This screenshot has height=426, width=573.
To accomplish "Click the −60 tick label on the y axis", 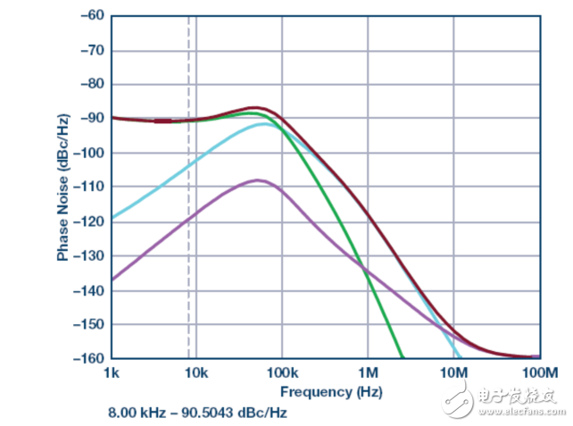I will click(x=91, y=15).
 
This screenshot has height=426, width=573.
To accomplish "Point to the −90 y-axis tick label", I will click(x=91, y=118).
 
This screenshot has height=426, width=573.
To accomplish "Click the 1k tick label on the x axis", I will click(x=111, y=372).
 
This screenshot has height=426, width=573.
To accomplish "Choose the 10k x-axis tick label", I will click(x=195, y=372).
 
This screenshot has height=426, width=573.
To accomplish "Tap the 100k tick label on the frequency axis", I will click(x=281, y=372).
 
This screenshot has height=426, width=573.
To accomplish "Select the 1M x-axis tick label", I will click(x=368, y=372).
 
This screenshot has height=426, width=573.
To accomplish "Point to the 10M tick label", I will click(x=453, y=372).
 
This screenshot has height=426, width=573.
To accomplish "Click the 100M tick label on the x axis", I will click(x=538, y=372).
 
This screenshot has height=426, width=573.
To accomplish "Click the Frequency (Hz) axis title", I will click(x=324, y=392).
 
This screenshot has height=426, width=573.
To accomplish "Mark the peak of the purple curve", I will click(x=258, y=180).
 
